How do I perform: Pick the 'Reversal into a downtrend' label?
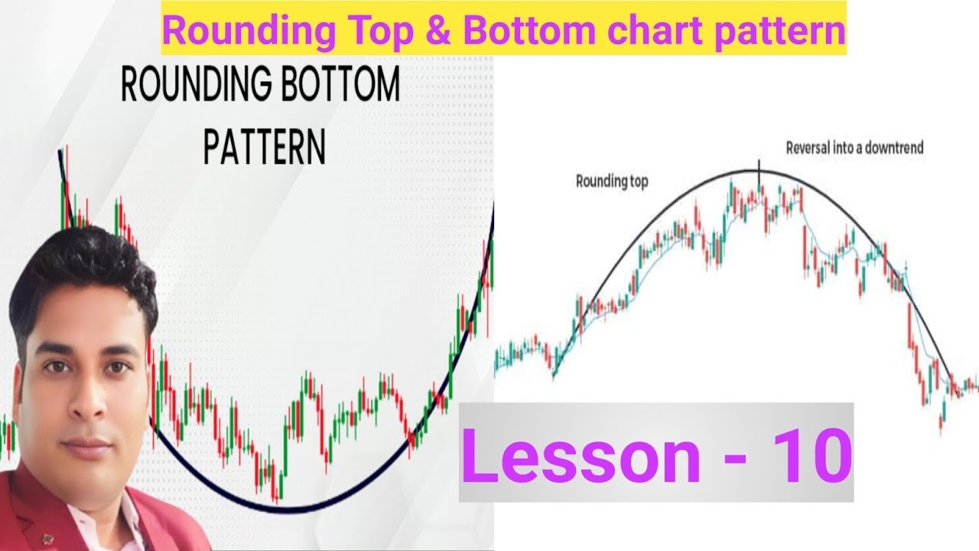click(x=854, y=148)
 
